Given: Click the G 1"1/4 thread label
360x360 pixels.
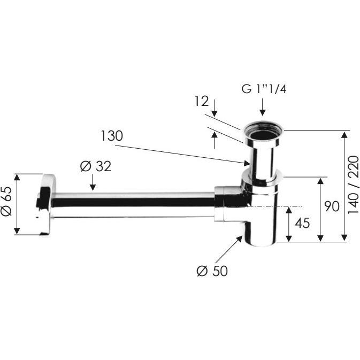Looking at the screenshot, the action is pyautogui.click(x=264, y=89).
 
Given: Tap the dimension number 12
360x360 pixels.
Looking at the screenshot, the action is pyautogui.click(x=202, y=101).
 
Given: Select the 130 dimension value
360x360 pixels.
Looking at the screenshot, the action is pyautogui.click(x=112, y=136).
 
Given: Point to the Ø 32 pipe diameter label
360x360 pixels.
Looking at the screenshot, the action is pyautogui.click(x=96, y=166).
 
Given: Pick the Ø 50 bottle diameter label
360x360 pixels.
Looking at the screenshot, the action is pyautogui.click(x=212, y=271).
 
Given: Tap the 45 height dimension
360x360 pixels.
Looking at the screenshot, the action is pyautogui.click(x=302, y=223).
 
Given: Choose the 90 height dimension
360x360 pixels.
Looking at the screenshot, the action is pyautogui.click(x=332, y=206).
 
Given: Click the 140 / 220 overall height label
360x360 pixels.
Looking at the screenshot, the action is pyautogui.click(x=353, y=185).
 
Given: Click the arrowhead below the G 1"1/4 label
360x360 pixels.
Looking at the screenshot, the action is pyautogui.click(x=263, y=112).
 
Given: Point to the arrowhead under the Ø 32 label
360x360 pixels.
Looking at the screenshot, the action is pyautogui.click(x=93, y=187).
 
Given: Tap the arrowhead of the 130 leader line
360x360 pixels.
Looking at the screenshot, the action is pyautogui.click(x=247, y=163).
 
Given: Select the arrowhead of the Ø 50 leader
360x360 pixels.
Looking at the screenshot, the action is pyautogui.click(x=239, y=239).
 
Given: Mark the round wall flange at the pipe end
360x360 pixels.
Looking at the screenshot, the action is pyautogui.click(x=45, y=204).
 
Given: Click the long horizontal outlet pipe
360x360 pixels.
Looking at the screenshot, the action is pyautogui.click(x=134, y=205).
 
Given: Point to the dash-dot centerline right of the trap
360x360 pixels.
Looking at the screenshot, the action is pyautogui.click(x=275, y=206).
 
